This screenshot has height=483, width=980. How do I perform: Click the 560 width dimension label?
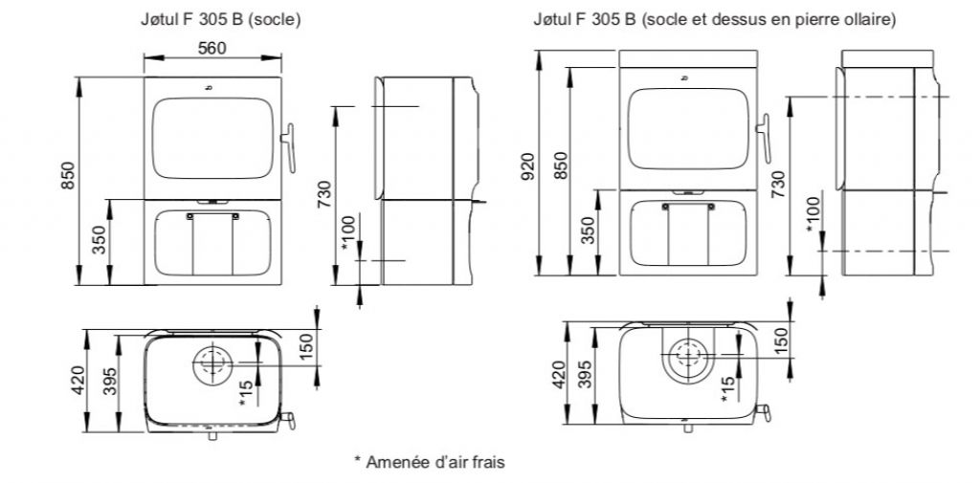(212, 49)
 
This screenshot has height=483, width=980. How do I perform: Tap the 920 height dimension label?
(528, 165)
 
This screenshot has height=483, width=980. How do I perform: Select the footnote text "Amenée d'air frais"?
(435, 462)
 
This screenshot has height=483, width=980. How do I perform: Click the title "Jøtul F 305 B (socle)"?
(221, 20)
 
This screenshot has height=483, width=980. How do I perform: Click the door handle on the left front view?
(289, 147)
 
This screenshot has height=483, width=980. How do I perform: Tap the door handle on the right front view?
(765, 139)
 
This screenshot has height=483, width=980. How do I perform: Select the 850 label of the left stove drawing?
(68, 176)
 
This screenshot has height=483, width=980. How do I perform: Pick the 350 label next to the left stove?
(99, 240)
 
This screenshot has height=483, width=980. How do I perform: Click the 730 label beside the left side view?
(324, 194)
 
